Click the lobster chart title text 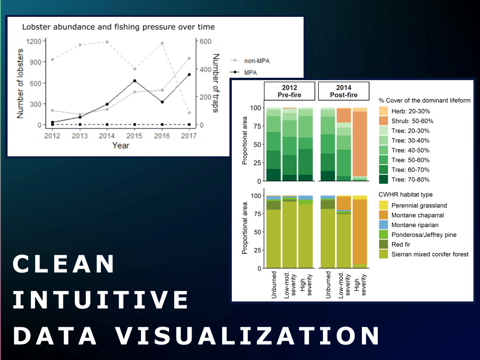pos(118,27)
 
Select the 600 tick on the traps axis pos(206,41)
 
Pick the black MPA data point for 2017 pos(190,74)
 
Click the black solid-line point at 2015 pos(134,81)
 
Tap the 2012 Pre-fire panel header pos(289,91)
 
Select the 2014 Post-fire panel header pos(344,91)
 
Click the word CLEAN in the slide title pos(64,264)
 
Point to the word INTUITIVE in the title pos(101,300)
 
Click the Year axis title pos(120,145)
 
